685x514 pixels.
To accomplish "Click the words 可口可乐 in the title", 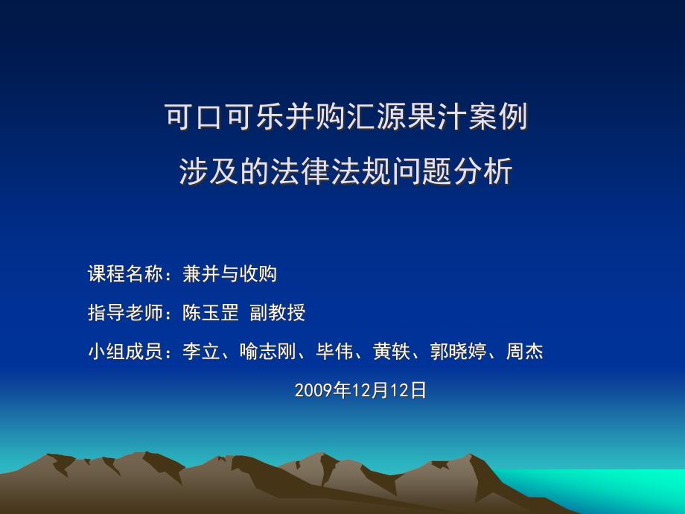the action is click(225, 117).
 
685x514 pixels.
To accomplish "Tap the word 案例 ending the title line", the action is click(497, 117).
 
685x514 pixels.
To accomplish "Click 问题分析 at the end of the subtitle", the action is click(452, 171).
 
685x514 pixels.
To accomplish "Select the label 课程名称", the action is click(125, 274).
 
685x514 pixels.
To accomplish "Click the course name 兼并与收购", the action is click(230, 274).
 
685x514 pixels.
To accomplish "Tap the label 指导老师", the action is click(125, 313).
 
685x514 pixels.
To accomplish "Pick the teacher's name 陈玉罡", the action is click(211, 313).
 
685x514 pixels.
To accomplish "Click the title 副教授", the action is click(278, 313).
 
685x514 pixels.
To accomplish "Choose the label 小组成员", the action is click(125, 352).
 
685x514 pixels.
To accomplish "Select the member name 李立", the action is click(201, 352).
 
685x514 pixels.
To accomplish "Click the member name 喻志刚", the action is click(268, 352).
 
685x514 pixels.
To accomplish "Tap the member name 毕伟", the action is click(334, 352).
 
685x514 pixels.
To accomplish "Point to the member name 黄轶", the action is click(392, 352).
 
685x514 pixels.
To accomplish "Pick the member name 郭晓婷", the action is click(458, 352).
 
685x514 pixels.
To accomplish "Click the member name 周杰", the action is click(525, 352).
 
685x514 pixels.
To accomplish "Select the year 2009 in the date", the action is click(313, 390).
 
